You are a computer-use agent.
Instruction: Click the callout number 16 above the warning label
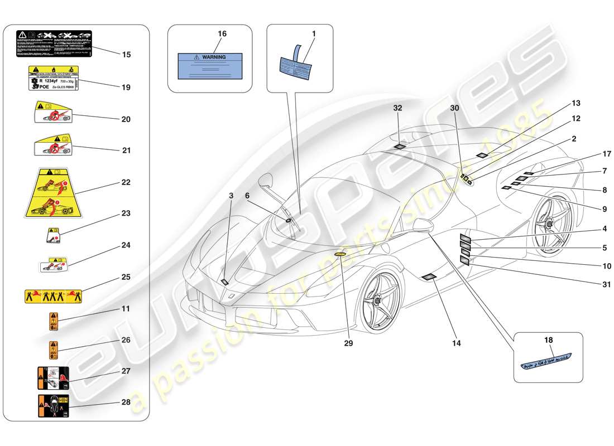[222, 34]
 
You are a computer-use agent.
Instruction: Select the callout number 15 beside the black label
[126, 55]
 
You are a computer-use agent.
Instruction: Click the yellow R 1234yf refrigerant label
[54, 77]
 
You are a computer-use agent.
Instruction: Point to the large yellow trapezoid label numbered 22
[54, 193]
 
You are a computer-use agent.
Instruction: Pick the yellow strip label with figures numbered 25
[54, 295]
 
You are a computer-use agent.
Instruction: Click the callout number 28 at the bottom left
[126, 402]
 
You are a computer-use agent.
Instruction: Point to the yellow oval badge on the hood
[341, 254]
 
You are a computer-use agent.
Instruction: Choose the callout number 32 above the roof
[397, 108]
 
